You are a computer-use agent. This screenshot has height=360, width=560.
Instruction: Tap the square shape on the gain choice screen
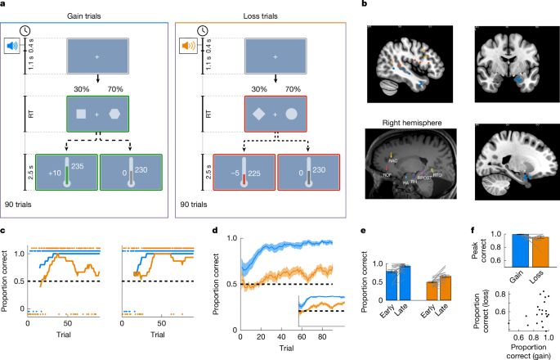(79, 113)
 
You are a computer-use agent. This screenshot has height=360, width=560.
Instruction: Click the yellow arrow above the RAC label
(391, 155)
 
